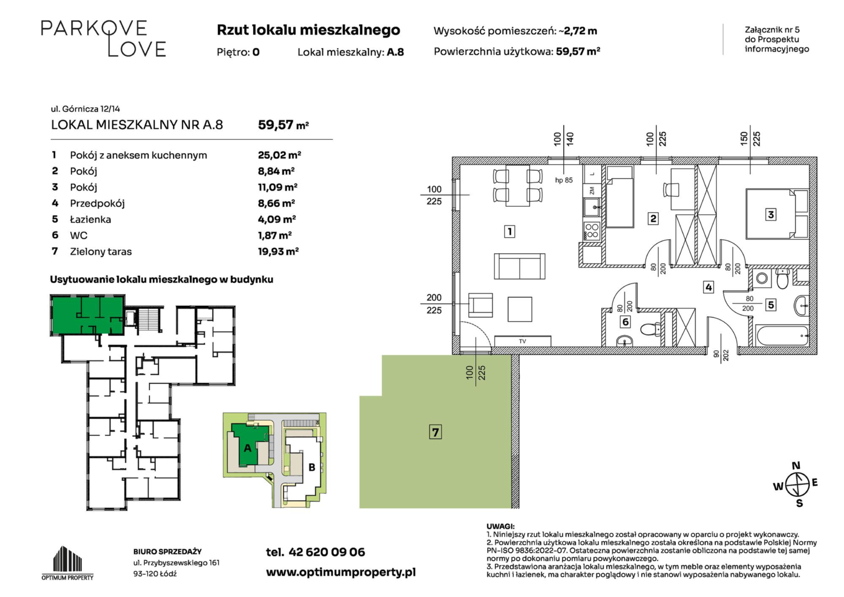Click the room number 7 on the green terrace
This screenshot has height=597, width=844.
[x=435, y=432]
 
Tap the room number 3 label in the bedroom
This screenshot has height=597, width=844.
[x=770, y=214]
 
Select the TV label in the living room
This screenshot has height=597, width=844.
[x=522, y=342]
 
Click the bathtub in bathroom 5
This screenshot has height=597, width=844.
[x=782, y=335]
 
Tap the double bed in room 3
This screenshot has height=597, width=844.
[x=777, y=214]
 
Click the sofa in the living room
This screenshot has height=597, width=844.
[x=520, y=266]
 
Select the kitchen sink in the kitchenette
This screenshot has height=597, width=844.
[x=593, y=208]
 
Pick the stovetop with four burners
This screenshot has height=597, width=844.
[x=592, y=231]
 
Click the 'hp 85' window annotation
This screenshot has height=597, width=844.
[x=564, y=180]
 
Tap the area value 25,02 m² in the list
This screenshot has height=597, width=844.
[x=279, y=155]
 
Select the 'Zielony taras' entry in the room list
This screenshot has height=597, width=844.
[x=101, y=252]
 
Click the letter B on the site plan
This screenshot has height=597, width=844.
[x=312, y=467]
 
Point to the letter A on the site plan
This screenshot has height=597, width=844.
[x=248, y=448]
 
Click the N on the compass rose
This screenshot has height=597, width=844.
[x=796, y=465]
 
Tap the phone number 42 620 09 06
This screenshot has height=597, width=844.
[x=327, y=552]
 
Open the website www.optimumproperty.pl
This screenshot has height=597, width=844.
[x=341, y=573]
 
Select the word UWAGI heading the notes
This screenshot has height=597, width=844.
[x=500, y=526]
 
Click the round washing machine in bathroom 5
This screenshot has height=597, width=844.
[x=762, y=279]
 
